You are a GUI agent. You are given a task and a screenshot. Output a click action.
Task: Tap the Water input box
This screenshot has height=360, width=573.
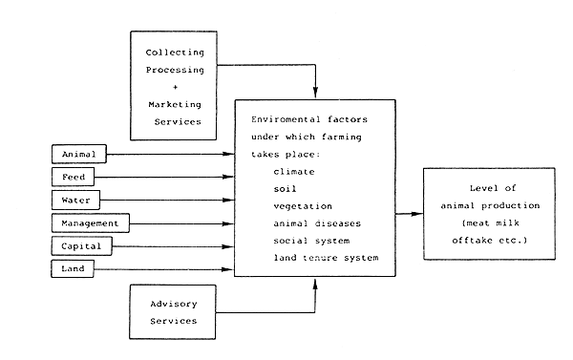[x=77, y=200]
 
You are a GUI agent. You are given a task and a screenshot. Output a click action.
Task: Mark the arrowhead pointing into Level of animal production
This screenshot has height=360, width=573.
[x=418, y=213]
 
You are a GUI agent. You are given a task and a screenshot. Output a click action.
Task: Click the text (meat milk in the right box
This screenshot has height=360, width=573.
[x=486, y=223]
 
